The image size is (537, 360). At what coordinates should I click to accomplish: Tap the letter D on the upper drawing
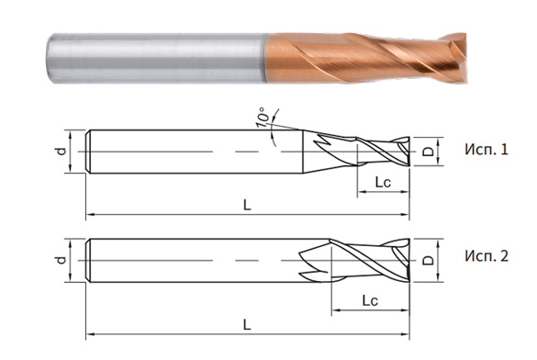[428, 150]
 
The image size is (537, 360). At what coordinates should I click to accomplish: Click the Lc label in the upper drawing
[384, 184]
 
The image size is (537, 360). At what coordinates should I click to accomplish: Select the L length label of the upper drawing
[247, 206]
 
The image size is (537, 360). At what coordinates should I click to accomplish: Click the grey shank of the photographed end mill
[156, 55]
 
